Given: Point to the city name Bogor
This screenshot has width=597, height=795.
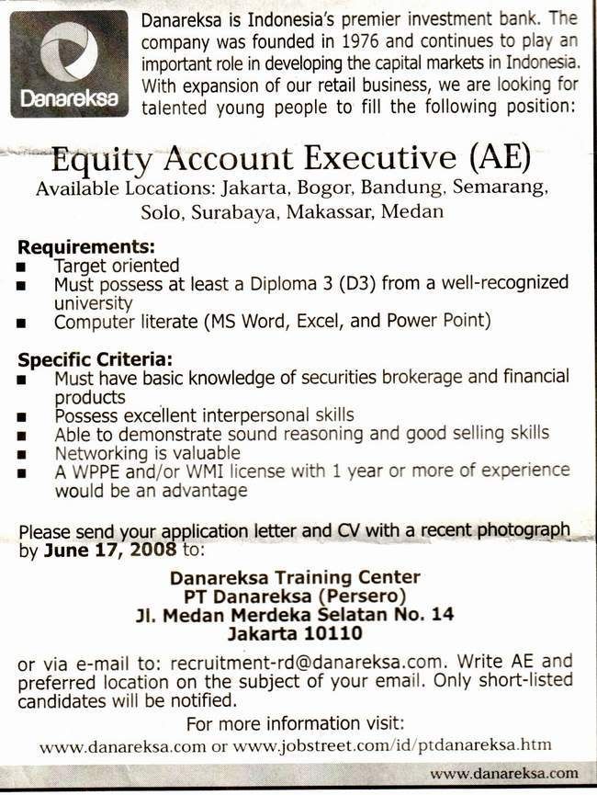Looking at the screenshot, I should (325, 190).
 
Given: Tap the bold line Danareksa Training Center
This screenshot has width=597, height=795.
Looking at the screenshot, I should (295, 577).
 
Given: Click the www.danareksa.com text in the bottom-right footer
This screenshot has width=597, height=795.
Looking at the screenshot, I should (504, 774).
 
